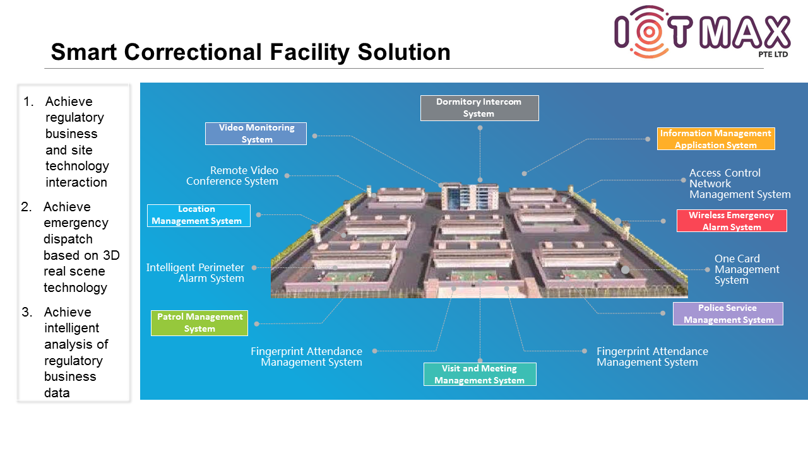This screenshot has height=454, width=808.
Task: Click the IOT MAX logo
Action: click(x=701, y=32)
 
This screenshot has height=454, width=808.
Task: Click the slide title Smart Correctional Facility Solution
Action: click(x=251, y=52)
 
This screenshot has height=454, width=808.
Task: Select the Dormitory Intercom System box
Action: click(x=479, y=108)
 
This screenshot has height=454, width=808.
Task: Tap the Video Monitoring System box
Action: click(x=256, y=134)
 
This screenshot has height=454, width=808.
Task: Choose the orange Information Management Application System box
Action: click(x=715, y=139)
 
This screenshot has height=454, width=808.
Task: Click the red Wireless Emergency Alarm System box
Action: click(x=732, y=221)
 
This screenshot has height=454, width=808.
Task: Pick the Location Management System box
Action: click(x=198, y=215)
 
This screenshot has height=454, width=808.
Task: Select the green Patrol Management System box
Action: click(x=199, y=323)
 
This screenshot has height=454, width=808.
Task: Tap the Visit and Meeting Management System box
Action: click(x=479, y=374)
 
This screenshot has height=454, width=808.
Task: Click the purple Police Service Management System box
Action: click(x=728, y=313)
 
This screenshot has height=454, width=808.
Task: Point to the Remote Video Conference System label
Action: click(x=232, y=176)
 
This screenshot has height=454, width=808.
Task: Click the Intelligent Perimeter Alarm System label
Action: click(x=196, y=273)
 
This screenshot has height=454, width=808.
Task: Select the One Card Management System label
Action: click(x=747, y=269)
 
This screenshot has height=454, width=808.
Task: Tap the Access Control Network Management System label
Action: click(x=739, y=183)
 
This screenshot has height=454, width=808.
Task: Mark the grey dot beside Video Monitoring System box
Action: click(x=314, y=136)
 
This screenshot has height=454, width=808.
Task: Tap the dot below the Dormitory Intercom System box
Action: click(x=480, y=128)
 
